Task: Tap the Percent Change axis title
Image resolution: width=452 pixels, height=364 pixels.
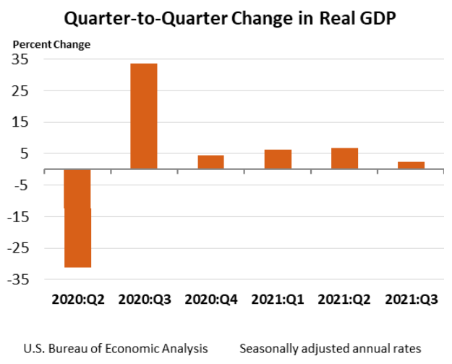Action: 51,44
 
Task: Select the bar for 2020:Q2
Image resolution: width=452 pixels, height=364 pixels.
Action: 77,218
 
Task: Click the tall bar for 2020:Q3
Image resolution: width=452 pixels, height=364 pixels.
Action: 143,116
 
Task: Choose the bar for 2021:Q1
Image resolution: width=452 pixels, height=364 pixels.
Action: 278,159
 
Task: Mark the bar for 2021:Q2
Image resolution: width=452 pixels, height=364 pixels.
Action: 344,158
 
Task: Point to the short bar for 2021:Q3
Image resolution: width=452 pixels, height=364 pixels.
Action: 411,165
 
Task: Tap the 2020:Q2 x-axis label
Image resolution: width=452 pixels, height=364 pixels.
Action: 77,299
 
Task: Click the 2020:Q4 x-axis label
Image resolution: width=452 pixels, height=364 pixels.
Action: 210,299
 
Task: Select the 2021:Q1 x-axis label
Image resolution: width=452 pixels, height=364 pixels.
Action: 278,299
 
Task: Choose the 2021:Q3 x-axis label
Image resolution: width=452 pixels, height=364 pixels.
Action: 411,299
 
